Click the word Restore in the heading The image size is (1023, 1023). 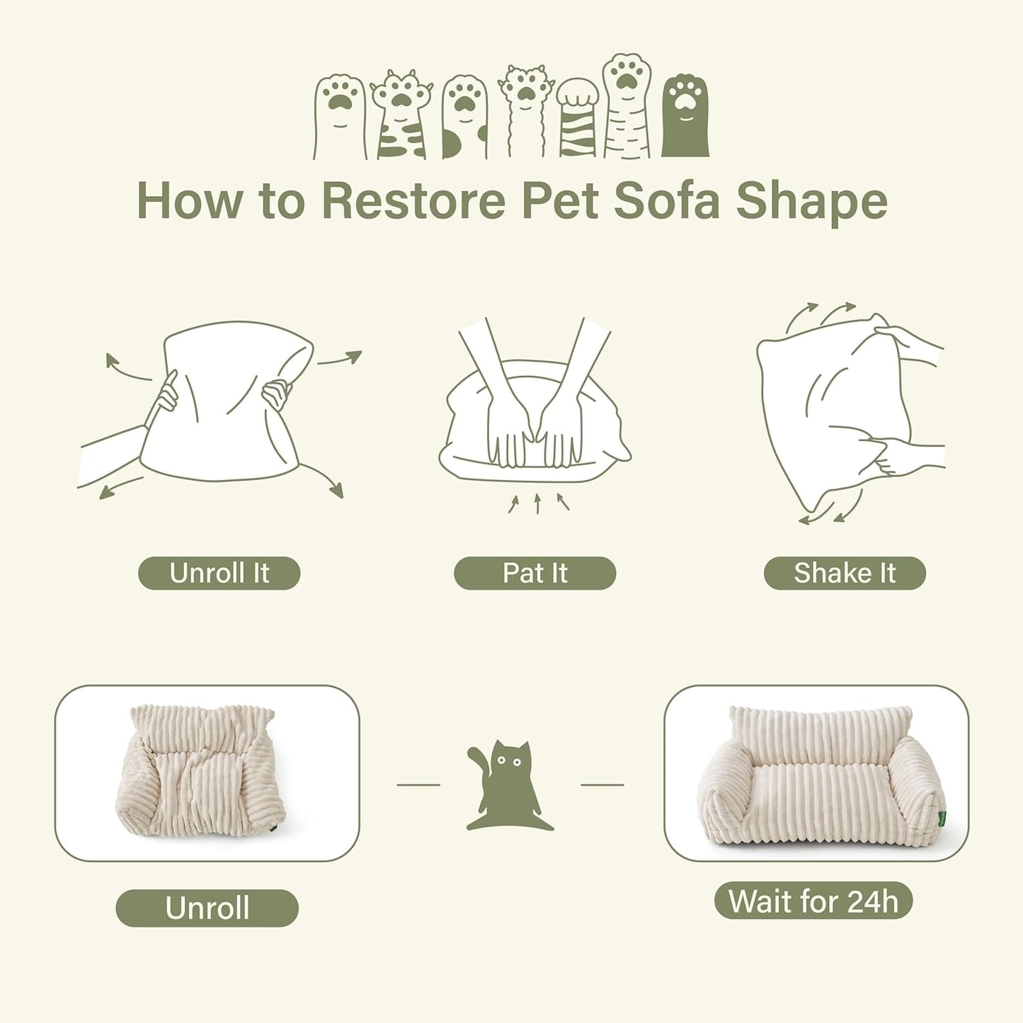click(413, 201)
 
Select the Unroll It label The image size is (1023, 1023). click(219, 573)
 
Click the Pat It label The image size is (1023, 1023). click(535, 573)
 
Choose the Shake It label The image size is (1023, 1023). click(845, 573)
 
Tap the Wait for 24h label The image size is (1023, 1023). click(813, 901)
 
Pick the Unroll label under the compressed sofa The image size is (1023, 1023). click(207, 908)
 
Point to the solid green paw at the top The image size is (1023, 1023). click(685, 115)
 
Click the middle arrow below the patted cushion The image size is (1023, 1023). click(537, 503)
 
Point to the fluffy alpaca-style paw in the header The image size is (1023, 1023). click(525, 110)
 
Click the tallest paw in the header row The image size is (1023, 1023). click(627, 106)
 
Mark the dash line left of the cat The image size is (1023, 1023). click(418, 784)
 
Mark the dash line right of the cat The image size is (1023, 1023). click(602, 784)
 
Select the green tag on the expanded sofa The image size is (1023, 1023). click(942, 819)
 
